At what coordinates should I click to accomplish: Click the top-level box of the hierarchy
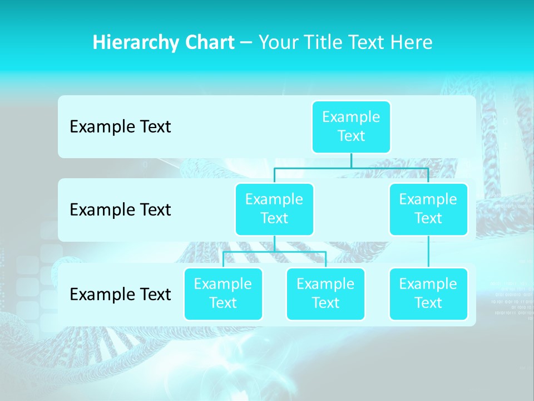[x=351, y=126]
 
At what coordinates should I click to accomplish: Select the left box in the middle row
[x=274, y=209]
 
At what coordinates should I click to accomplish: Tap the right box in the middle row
[x=428, y=209]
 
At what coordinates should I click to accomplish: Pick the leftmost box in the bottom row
[x=223, y=294]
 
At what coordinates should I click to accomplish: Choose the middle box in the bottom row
[x=325, y=294]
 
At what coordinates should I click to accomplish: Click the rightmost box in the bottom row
[x=428, y=294]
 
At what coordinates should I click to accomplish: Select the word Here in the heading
[x=411, y=43]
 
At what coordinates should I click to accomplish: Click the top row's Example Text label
[x=120, y=127]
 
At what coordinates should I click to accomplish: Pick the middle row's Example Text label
[x=120, y=210]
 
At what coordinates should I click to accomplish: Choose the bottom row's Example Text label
[x=120, y=294]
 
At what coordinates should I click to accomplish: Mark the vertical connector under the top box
[x=351, y=160]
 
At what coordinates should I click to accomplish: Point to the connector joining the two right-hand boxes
[x=428, y=252]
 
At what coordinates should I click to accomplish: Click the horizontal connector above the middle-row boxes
[x=351, y=168]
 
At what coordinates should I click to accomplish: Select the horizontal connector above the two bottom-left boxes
[x=274, y=252]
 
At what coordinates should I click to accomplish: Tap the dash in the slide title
[x=246, y=43]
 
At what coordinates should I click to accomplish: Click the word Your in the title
[x=277, y=43]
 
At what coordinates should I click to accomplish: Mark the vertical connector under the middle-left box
[x=274, y=243]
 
